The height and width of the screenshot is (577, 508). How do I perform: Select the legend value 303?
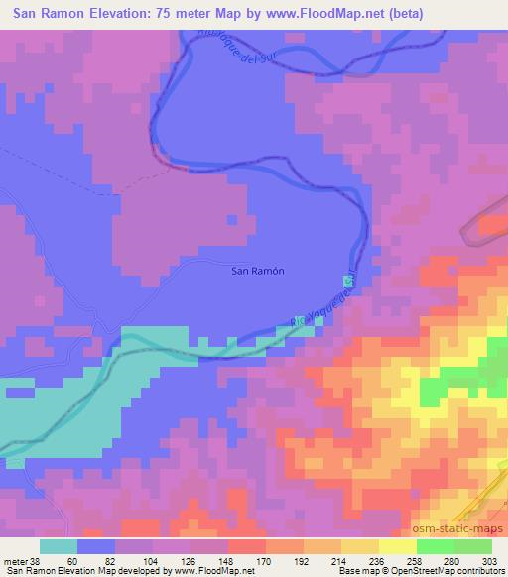[x=491, y=560]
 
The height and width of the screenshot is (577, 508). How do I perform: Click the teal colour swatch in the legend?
[x=59, y=546]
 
